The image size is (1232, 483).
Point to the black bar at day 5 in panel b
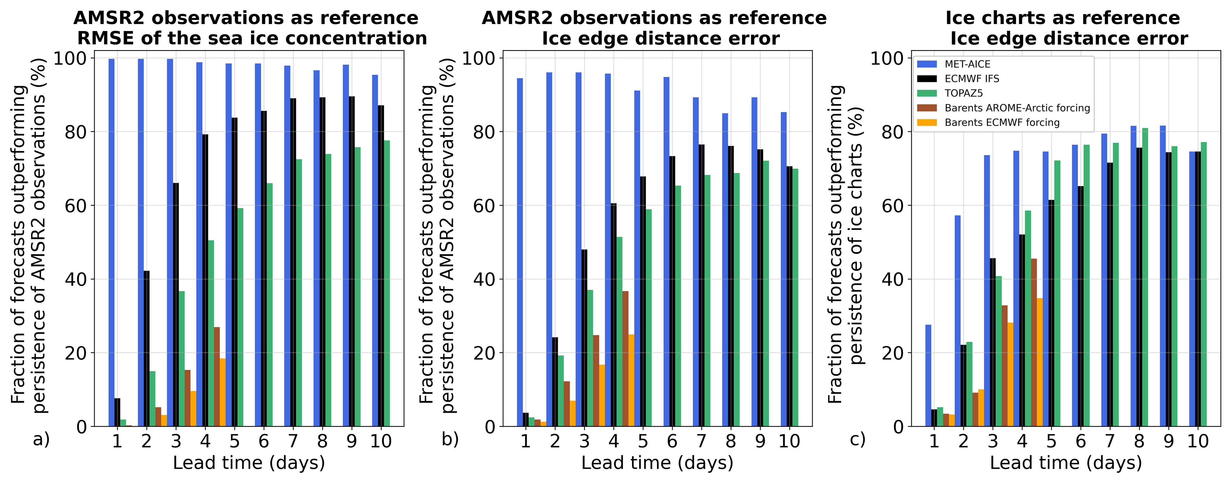point(643,301)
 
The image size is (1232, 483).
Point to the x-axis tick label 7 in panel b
point(701,441)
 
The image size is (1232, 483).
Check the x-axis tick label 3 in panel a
point(176,441)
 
